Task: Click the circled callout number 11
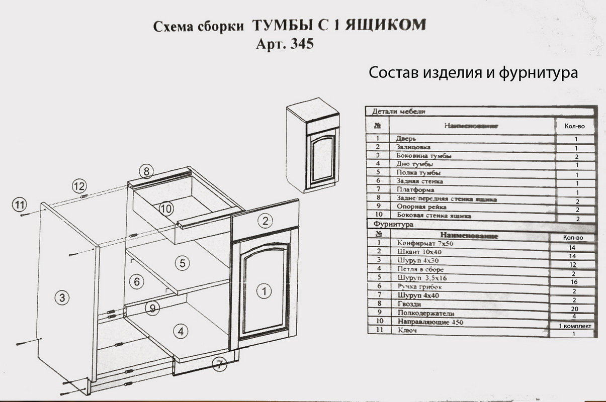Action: (x=19, y=205)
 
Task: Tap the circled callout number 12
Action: (x=79, y=185)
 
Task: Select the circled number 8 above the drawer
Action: (x=146, y=171)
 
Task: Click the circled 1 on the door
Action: (x=265, y=290)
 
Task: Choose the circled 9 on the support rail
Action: (x=150, y=307)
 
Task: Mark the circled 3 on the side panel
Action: (x=61, y=297)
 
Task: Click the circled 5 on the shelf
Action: (x=182, y=262)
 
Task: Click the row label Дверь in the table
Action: (x=406, y=138)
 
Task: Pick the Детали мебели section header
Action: (x=399, y=112)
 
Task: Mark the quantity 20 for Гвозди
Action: (x=573, y=308)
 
